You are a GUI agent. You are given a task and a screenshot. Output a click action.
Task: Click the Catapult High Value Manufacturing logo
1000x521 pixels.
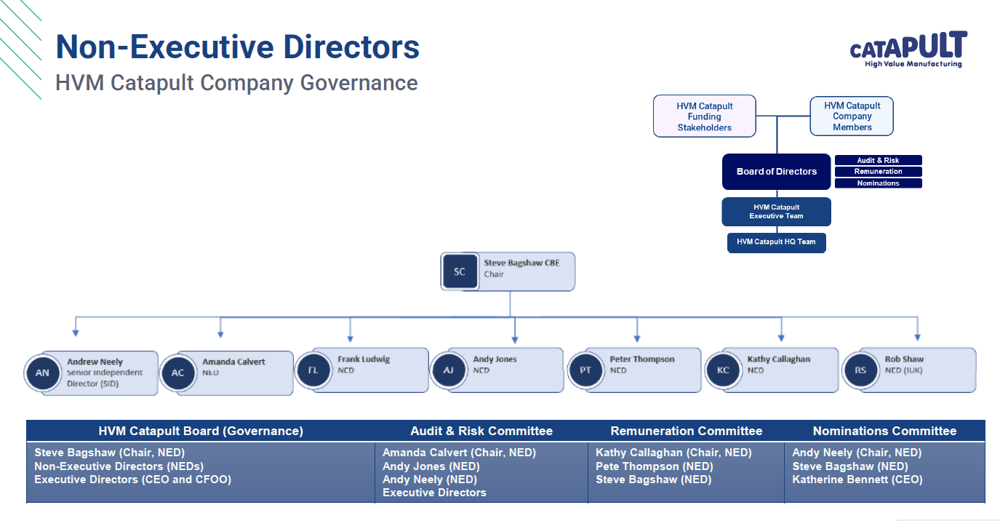(908, 49)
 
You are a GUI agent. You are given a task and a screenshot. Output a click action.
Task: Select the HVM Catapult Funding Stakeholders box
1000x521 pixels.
(704, 116)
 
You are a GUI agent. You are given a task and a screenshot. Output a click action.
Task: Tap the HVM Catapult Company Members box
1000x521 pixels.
(852, 116)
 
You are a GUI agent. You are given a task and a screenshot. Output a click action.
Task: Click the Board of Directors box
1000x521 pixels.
(776, 172)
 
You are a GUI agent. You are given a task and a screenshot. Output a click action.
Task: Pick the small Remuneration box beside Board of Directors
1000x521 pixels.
(878, 172)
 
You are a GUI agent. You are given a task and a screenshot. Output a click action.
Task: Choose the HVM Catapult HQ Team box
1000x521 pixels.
(776, 242)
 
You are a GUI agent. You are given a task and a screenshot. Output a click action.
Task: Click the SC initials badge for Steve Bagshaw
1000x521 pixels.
(460, 272)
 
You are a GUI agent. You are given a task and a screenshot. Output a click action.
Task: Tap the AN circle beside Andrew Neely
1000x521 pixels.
(43, 373)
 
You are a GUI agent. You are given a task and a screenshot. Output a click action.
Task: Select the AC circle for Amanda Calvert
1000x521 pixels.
(178, 373)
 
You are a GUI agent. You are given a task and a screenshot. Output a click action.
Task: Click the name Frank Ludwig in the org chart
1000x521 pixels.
(364, 359)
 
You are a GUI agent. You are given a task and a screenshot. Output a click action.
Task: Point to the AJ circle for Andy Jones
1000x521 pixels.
(449, 370)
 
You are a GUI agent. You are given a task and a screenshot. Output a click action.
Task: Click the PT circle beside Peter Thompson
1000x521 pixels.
(585, 370)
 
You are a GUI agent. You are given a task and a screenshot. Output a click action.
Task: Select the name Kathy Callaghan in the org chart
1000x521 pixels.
(778, 359)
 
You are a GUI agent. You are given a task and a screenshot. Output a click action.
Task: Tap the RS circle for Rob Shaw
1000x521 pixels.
(860, 370)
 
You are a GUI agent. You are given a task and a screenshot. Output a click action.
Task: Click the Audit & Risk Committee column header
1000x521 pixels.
(481, 431)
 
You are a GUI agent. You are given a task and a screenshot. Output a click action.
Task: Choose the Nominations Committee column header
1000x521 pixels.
(884, 431)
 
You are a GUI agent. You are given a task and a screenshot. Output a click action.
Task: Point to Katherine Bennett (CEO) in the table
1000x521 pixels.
(857, 480)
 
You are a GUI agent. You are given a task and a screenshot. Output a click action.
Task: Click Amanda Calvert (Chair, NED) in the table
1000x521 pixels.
(459, 453)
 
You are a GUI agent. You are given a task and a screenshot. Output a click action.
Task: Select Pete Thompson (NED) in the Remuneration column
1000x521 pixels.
(653, 466)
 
